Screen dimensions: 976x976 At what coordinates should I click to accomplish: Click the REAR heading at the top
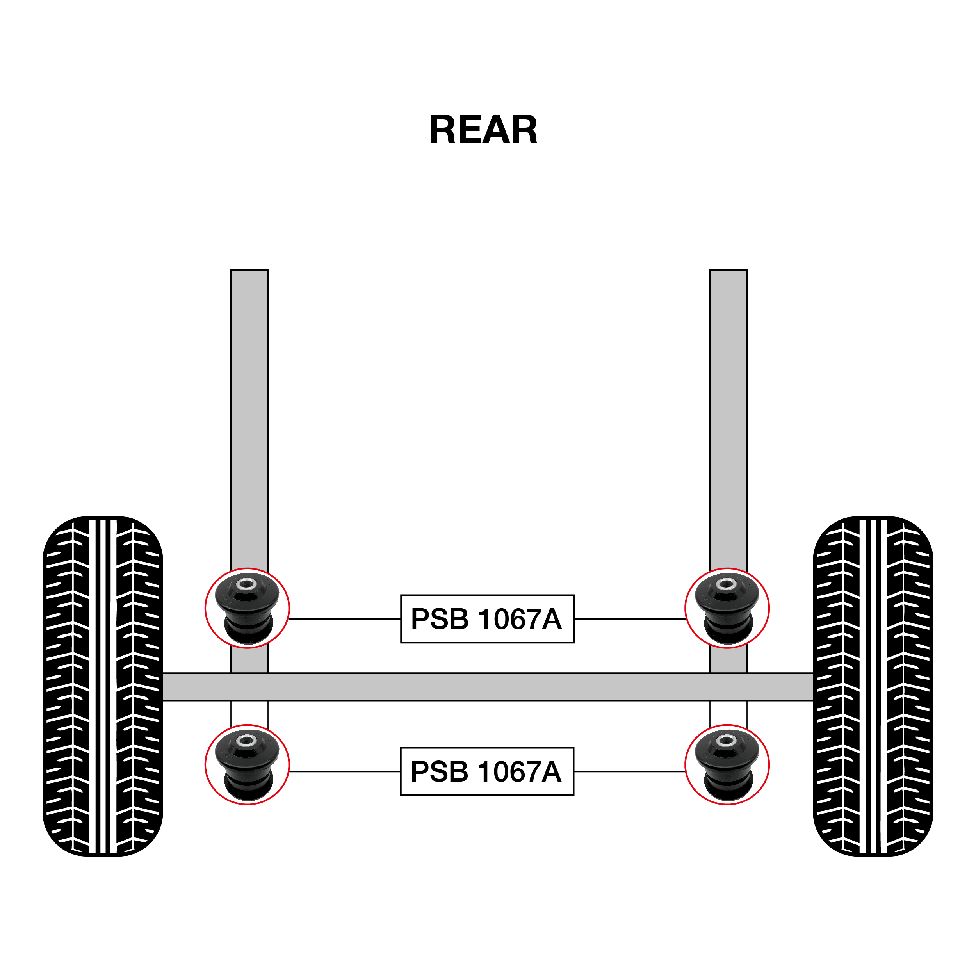pos(483,130)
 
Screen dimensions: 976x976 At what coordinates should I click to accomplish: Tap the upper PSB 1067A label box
pos(487,619)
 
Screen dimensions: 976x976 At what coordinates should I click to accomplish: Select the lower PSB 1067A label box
pos(487,771)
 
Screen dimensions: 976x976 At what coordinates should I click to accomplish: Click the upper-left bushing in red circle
pos(247,608)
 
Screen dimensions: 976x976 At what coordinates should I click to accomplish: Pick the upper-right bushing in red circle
pos(727,608)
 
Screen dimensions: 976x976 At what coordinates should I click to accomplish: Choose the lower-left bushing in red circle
pos(247,765)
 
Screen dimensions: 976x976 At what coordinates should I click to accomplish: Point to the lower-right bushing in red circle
pos(727,765)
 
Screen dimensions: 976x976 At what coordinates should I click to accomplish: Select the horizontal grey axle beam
pos(488,687)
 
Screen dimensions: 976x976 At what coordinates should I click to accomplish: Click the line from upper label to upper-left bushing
pos(345,619)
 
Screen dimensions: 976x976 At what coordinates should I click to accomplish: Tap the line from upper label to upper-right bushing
pos(629,619)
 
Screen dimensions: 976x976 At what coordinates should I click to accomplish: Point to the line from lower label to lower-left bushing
pos(345,771)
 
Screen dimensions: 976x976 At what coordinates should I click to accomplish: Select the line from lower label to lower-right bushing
pos(629,771)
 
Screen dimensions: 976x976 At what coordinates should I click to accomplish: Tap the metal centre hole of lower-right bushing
pos(727,741)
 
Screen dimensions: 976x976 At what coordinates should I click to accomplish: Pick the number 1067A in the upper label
pos(519,619)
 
